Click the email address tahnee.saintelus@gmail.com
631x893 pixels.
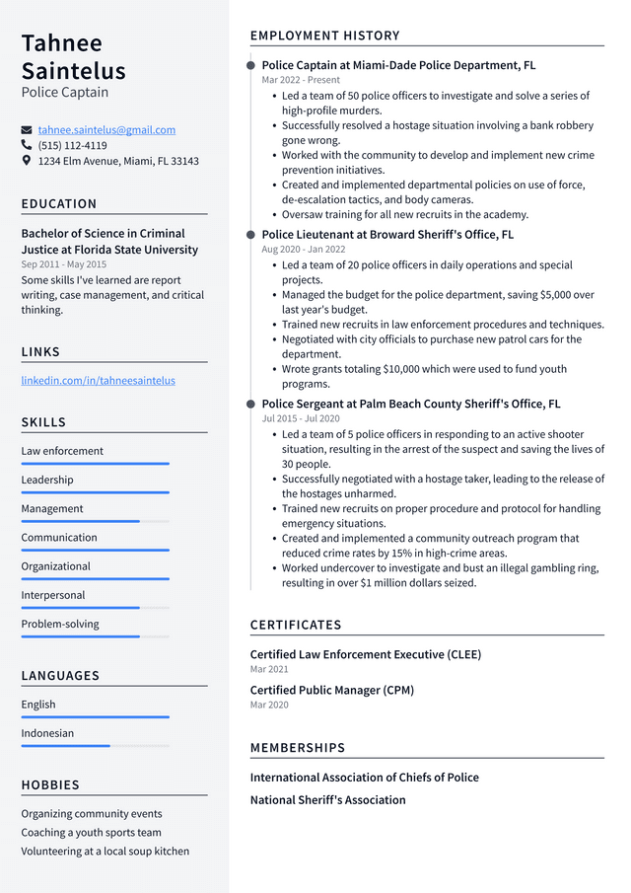(106, 129)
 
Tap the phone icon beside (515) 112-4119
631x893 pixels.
(27, 145)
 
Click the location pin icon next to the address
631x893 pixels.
(27, 161)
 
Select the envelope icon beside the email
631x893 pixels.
(27, 130)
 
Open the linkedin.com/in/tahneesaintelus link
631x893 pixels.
(98, 380)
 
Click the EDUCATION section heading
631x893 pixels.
(59, 204)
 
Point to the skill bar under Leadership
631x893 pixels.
(95, 491)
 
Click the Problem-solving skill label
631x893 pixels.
(60, 624)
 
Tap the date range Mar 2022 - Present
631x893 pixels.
(301, 80)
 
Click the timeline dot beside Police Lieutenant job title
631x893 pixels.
(251, 235)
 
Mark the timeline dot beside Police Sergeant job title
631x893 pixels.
(251, 404)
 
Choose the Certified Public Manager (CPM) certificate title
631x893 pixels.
(331, 690)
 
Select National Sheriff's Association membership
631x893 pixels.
(327, 800)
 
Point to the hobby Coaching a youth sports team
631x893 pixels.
(91, 832)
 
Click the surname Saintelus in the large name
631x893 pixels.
(74, 70)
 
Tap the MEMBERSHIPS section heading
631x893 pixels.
(298, 748)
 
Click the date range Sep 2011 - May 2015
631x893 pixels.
(64, 264)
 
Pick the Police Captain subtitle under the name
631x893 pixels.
(65, 93)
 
